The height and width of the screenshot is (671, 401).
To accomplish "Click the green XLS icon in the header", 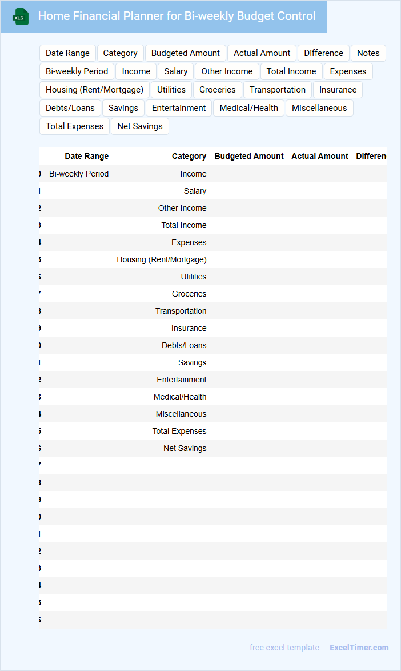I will pyautogui.click(x=20, y=17).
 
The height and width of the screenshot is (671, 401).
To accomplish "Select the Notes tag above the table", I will pyautogui.click(x=368, y=53).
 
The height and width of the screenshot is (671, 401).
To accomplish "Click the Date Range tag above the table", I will pyautogui.click(x=67, y=53).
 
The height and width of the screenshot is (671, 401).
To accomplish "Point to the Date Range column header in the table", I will pyautogui.click(x=86, y=156).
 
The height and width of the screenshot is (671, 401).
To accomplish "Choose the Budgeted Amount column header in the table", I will pyautogui.click(x=249, y=156).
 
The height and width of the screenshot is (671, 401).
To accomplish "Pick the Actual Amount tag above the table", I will pyautogui.click(x=262, y=53).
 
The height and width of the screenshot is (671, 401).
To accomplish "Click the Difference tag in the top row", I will pyautogui.click(x=323, y=53).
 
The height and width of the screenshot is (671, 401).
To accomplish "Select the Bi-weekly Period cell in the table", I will pyautogui.click(x=79, y=174).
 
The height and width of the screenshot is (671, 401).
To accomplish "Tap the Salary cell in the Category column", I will pyautogui.click(x=195, y=191).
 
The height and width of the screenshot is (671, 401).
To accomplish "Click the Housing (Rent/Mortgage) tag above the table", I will pyautogui.click(x=94, y=90).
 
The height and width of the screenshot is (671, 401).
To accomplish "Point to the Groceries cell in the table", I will pyautogui.click(x=189, y=294).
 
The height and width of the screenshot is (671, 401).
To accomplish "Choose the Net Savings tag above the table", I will pyautogui.click(x=140, y=126).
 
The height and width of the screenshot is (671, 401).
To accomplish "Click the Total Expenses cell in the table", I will pyautogui.click(x=179, y=431).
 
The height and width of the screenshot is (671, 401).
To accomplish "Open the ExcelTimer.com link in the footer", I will pyautogui.click(x=359, y=648).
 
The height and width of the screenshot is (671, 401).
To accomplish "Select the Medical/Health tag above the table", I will pyautogui.click(x=248, y=108).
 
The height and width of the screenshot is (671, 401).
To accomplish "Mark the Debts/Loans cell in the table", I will pyautogui.click(x=184, y=345).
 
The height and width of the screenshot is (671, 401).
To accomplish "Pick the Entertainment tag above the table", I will pyautogui.click(x=179, y=108).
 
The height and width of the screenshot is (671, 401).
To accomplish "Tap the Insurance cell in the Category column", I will pyautogui.click(x=189, y=328).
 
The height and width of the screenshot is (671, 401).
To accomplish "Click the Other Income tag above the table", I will pyautogui.click(x=227, y=71).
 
